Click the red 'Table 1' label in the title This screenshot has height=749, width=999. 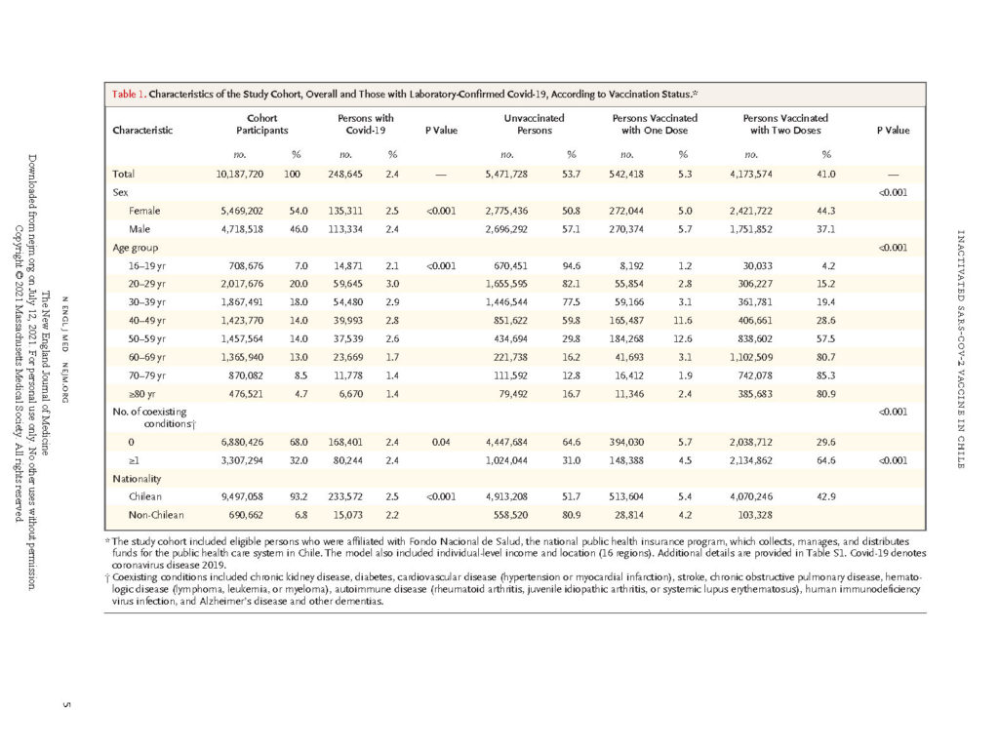pyautogui.click(x=128, y=95)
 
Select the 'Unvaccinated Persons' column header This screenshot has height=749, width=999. pyautogui.click(x=534, y=124)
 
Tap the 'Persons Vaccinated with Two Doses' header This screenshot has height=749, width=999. pyautogui.click(x=785, y=124)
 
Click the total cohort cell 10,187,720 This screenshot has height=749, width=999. pyautogui.click(x=240, y=174)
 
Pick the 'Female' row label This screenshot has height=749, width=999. pyautogui.click(x=144, y=211)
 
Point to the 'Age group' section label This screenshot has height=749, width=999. pyautogui.click(x=135, y=248)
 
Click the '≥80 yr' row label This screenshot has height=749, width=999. pyautogui.click(x=142, y=394)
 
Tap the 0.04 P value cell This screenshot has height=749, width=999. pyautogui.click(x=441, y=442)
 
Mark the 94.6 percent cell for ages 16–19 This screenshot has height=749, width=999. pyautogui.click(x=572, y=266)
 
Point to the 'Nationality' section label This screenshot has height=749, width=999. pyautogui.click(x=137, y=479)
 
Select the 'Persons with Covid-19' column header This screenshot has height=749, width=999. pyautogui.click(x=366, y=124)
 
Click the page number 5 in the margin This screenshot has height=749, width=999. pyautogui.click(x=67, y=704)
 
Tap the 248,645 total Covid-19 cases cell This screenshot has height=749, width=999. pyautogui.click(x=345, y=174)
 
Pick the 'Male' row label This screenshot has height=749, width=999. pyautogui.click(x=140, y=229)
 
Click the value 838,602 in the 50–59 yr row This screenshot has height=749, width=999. pyautogui.click(x=755, y=339)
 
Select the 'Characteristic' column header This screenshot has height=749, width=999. pyautogui.click(x=142, y=131)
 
